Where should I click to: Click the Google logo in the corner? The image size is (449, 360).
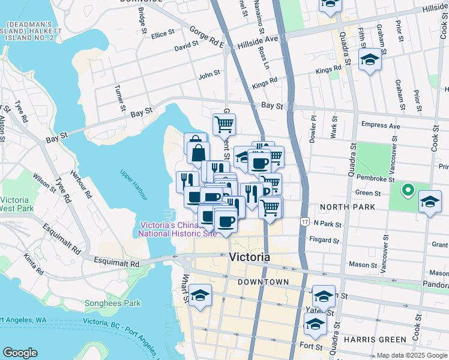tap(20, 353)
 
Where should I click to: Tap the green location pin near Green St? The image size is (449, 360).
tap(408, 191)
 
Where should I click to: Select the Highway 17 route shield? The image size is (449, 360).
tap(305, 221)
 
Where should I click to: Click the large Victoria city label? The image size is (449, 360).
tap(249, 257)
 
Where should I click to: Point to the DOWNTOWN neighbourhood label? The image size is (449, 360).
tap(263, 281)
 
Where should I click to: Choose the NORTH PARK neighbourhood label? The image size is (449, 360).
tap(347, 207)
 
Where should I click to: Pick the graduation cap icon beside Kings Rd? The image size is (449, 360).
tap(370, 60)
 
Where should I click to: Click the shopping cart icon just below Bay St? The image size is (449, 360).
tap(224, 124)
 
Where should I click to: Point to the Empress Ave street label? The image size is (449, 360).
tap(381, 126)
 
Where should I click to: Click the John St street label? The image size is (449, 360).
tap(209, 74)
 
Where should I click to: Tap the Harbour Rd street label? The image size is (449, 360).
tap(79, 187)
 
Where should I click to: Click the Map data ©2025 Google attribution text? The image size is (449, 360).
tap(411, 355)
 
